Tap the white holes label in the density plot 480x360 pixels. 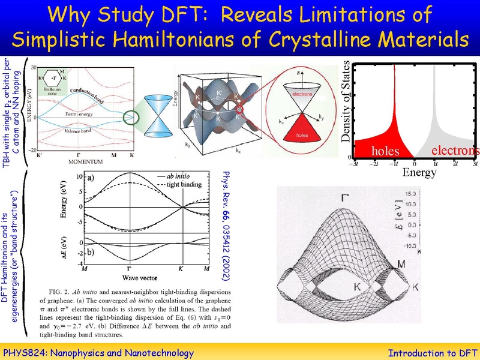[377, 149]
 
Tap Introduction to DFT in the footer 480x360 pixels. [431, 353]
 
